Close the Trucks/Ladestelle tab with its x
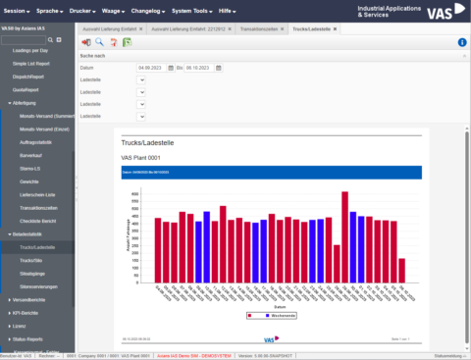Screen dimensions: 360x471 (336, 29)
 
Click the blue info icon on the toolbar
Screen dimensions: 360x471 (462, 43)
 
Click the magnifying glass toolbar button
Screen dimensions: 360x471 (99, 43)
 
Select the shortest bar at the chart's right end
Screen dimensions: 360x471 (401, 270)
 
